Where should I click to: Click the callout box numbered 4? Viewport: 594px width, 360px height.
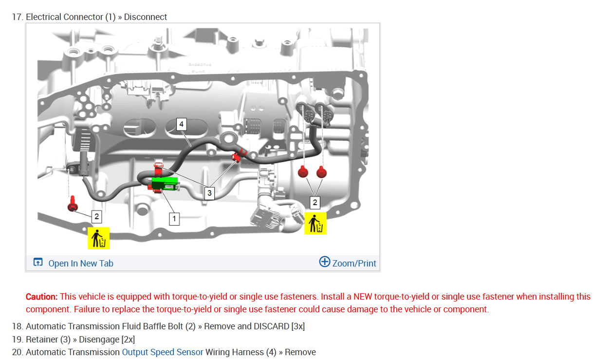pos(182,124)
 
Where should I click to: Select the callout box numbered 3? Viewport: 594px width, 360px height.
pos(209,193)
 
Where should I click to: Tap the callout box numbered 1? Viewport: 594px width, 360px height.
pos(174,219)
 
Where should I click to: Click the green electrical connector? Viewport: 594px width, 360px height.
pos(165,184)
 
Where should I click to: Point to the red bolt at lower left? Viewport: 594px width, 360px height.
pos(73,204)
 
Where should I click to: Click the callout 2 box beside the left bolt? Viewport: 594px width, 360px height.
pos(96,217)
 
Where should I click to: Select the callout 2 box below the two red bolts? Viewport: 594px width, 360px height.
pos(315,203)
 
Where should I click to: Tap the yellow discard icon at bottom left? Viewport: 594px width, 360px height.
pos(99,238)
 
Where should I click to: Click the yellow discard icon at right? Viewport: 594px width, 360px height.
pos(316,224)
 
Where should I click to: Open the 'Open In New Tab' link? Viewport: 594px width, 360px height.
pos(81,264)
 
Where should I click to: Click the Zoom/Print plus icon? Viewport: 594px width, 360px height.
pos(325,262)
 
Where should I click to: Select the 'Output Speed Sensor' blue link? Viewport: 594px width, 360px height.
pos(162,352)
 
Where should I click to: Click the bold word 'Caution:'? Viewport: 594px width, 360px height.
pos(42,297)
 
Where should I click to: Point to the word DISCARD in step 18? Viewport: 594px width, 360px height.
pos(271,326)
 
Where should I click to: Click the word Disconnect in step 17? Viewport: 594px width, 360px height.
pos(145,17)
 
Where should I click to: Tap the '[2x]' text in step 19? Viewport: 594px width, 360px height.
pos(128,340)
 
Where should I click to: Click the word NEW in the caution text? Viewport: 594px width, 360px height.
pos(363,297)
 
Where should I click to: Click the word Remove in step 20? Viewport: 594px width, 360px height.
pos(300,352)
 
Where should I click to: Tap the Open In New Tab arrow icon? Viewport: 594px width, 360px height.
pos(38,262)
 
